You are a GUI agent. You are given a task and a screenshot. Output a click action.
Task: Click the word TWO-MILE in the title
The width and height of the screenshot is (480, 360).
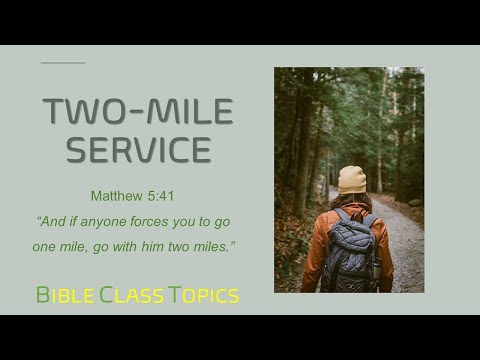tap(138, 112)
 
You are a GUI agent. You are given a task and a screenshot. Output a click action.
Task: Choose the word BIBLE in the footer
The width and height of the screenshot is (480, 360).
tap(65, 295)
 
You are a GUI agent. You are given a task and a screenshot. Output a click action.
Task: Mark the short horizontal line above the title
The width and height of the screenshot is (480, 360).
tap(62, 63)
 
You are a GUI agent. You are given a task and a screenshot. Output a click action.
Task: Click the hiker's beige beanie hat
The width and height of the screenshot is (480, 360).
tap(351, 181)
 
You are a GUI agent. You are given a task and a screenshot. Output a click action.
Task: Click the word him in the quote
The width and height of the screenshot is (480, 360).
tap(174, 243)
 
